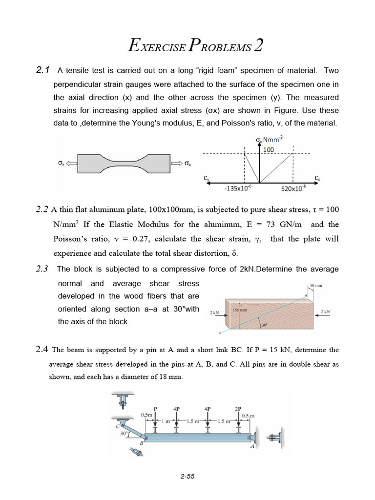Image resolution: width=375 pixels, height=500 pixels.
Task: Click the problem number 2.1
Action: (x=43, y=71)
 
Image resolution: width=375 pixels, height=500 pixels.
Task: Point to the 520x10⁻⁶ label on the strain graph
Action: (x=294, y=188)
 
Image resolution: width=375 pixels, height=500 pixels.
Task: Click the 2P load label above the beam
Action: (x=237, y=408)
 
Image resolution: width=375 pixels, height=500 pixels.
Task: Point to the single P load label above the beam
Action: (x=156, y=408)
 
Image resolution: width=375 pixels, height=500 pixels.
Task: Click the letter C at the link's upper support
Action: (x=118, y=425)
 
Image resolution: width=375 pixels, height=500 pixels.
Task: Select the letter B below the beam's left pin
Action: (x=141, y=443)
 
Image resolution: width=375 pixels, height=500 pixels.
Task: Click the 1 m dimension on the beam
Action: (x=164, y=421)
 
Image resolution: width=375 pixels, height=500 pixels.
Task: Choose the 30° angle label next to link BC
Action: (x=125, y=433)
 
